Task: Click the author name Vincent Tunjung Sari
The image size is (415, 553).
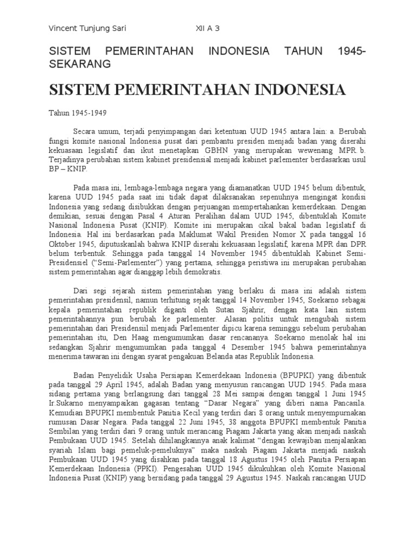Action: tap(87, 29)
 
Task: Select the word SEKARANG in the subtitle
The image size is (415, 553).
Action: tap(80, 64)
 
